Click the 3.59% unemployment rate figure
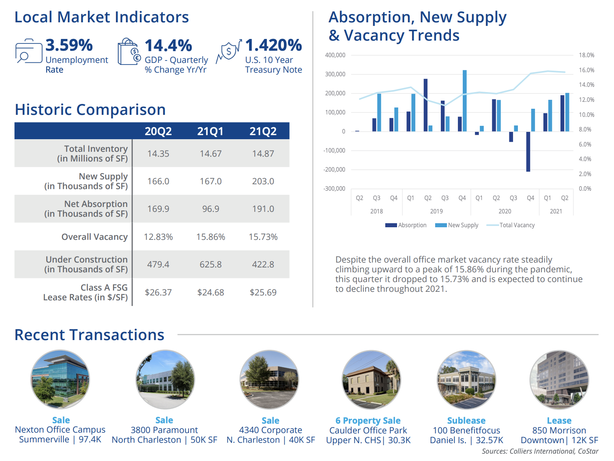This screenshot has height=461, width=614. (x=69, y=45)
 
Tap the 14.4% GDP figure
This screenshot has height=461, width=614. (x=168, y=45)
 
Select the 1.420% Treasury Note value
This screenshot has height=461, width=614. (x=273, y=45)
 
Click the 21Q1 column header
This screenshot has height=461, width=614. (x=210, y=131)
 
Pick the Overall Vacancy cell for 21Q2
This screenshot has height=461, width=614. (x=263, y=237)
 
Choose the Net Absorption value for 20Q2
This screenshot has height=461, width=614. (x=158, y=209)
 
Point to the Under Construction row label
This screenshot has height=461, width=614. (x=86, y=264)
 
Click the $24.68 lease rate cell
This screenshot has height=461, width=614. (x=210, y=292)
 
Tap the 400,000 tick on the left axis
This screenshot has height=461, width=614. (x=335, y=55)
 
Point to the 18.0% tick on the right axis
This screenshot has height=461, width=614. (x=586, y=55)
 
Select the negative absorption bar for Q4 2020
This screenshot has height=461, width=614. (x=528, y=151)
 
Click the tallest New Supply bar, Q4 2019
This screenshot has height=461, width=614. (x=465, y=101)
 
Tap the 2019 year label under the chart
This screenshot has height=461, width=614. (x=436, y=211)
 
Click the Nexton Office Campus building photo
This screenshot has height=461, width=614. (x=60, y=379)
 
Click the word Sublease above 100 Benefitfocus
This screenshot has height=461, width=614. (x=466, y=420)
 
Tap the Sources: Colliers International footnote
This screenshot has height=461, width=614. (x=540, y=451)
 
